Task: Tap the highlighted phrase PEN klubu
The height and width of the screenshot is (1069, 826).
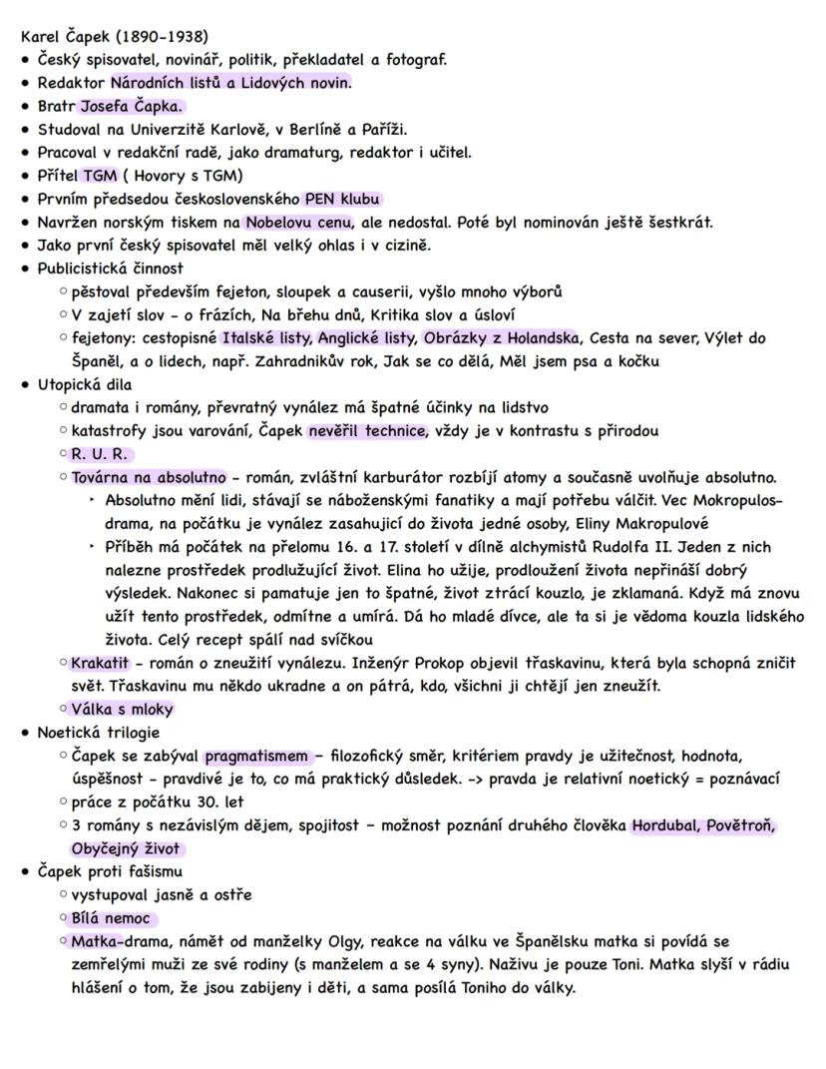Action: tap(344, 199)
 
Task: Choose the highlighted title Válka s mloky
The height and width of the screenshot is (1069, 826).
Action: tap(123, 710)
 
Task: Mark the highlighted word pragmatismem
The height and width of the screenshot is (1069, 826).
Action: tap(257, 756)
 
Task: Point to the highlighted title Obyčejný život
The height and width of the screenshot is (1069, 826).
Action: tap(127, 848)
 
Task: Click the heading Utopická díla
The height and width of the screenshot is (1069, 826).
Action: tap(85, 384)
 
